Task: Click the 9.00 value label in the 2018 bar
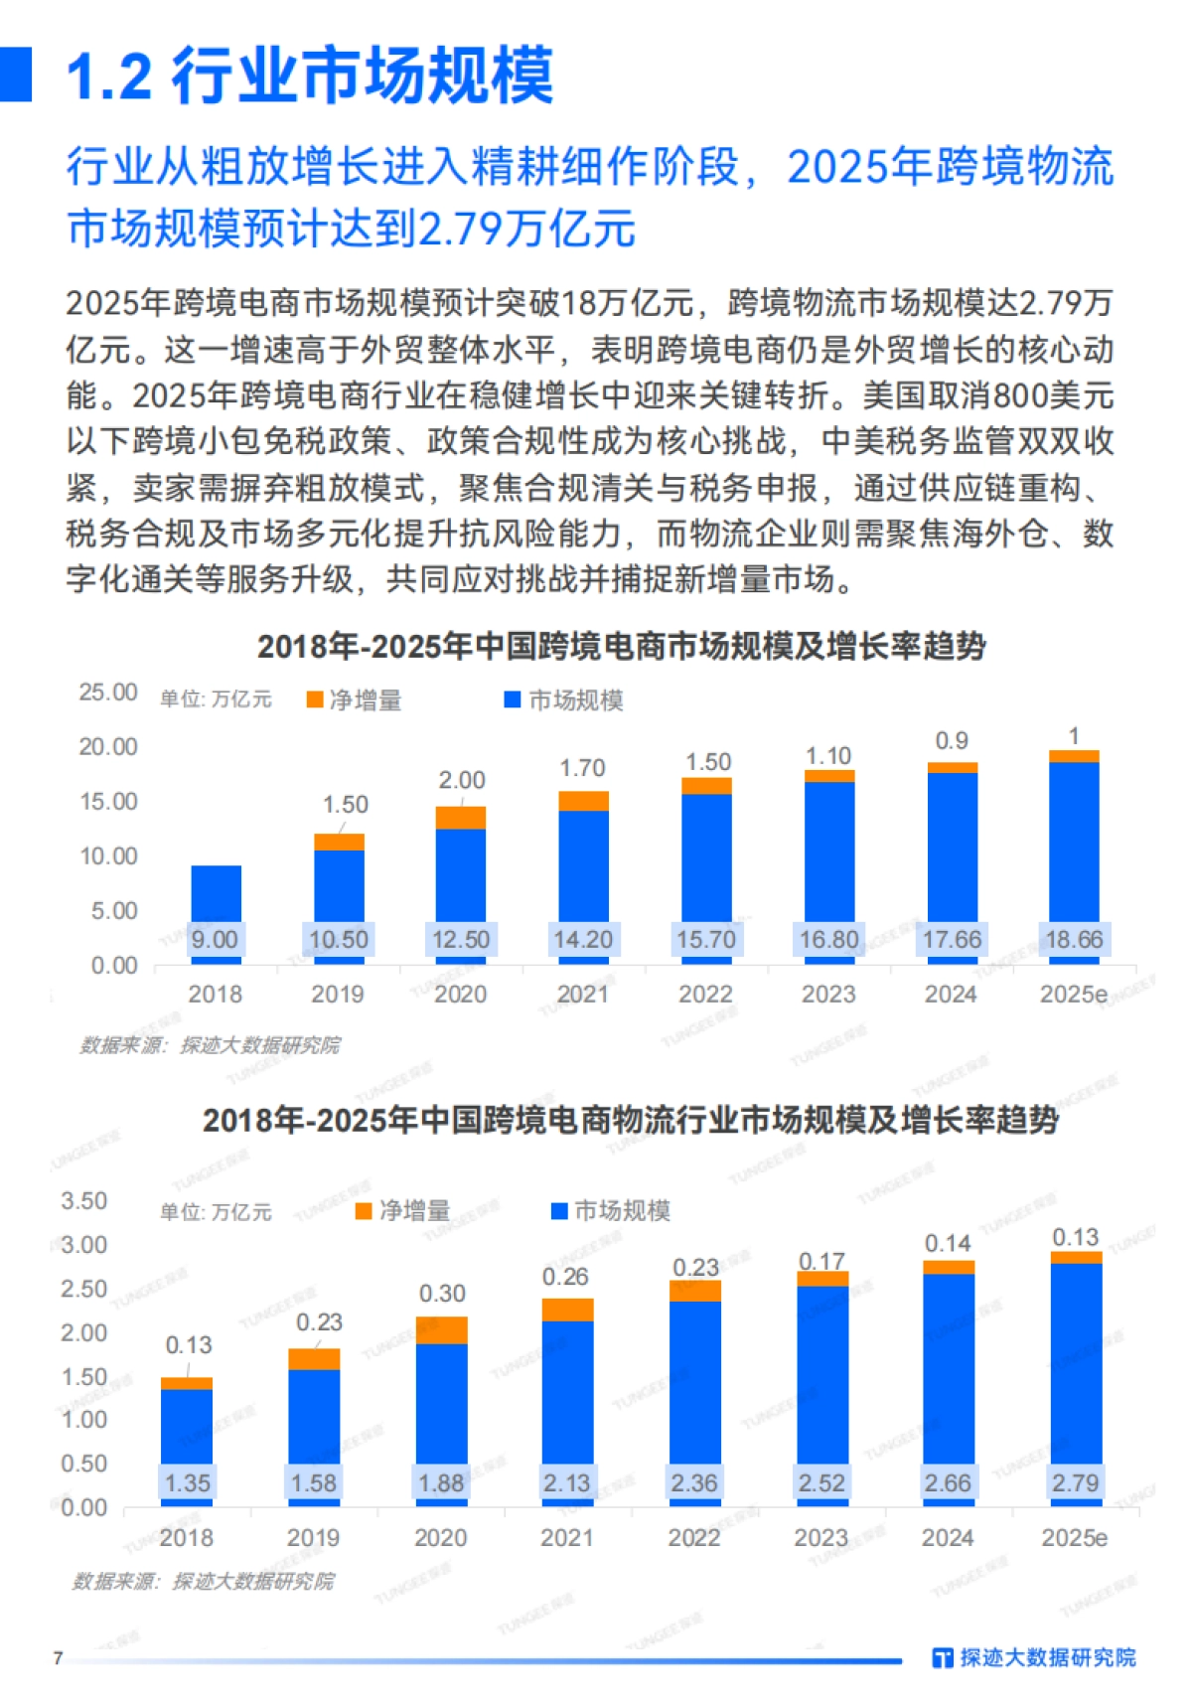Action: pos(215,939)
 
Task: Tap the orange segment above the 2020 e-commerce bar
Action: pos(461,818)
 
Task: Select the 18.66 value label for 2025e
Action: pos(1074,939)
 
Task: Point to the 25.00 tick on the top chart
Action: pos(108,693)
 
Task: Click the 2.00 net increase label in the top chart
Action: pos(462,780)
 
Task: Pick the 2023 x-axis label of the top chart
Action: pos(828,994)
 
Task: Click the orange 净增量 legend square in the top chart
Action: pos(315,700)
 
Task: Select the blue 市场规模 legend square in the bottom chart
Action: pos(559,1210)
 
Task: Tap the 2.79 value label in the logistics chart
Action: pos(1075,1482)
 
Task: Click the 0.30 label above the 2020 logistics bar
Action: pos(442,1294)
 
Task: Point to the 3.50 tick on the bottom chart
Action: pos(84,1201)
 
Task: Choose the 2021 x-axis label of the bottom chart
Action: pos(566,1538)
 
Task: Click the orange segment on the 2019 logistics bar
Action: pos(314,1359)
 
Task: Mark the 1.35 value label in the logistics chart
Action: pos(187,1482)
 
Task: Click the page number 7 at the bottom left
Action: pos(59,1657)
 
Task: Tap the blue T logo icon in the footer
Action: pos(943,1657)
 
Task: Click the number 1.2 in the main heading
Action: pos(109,77)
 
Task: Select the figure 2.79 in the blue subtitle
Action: pos(460,229)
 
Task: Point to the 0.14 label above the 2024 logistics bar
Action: pos(948,1244)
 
